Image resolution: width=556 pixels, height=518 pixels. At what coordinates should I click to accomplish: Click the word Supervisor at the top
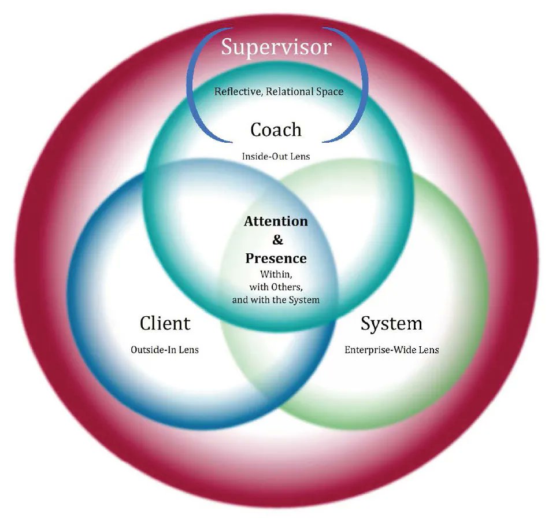(276, 46)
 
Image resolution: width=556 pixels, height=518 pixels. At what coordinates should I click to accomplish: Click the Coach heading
(276, 129)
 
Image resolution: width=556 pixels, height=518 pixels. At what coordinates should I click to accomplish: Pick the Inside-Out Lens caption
(276, 156)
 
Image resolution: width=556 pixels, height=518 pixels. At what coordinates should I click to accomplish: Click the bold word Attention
(276, 221)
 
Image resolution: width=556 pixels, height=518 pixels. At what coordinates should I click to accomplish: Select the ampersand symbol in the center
(276, 239)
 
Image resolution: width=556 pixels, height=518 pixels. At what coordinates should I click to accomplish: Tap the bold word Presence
(276, 258)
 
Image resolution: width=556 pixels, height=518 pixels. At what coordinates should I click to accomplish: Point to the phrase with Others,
(276, 287)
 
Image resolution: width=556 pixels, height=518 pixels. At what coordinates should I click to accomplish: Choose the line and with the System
(276, 300)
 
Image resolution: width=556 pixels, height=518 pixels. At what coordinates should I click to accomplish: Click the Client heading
(165, 323)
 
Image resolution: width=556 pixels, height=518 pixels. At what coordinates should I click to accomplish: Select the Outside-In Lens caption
(165, 349)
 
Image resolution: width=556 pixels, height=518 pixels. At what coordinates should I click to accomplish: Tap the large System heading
(391, 323)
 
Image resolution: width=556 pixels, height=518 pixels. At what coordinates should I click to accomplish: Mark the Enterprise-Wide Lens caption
(391, 349)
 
